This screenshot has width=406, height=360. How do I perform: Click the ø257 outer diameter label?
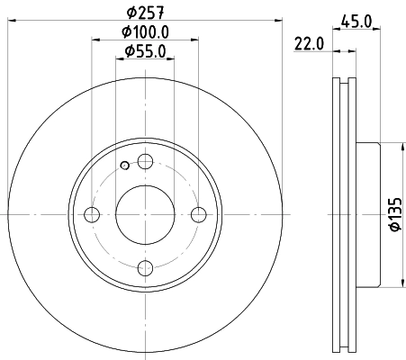click(x=145, y=13)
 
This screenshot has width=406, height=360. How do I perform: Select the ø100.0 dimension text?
click(x=145, y=32)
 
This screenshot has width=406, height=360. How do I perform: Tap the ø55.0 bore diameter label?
click(x=145, y=52)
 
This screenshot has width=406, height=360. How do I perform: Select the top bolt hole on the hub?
click(x=145, y=161)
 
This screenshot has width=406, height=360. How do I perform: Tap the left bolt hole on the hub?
click(x=91, y=214)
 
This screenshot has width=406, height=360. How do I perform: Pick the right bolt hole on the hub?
click(x=199, y=214)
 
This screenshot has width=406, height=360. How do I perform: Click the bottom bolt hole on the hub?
click(x=145, y=268)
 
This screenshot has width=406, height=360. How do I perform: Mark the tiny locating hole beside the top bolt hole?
click(x=125, y=165)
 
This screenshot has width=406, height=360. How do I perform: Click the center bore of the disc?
click(x=145, y=214)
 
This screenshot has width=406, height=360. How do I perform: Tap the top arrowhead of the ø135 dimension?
click(x=401, y=144)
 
